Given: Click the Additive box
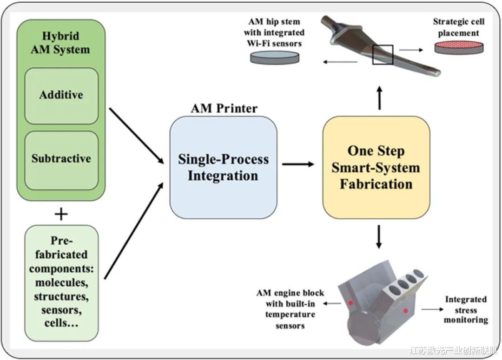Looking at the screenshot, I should coord(61,95).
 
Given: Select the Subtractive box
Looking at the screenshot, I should coord(61,159).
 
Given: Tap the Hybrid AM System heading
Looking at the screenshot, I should coord(60,43).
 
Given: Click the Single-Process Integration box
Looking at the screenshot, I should coord(223,167).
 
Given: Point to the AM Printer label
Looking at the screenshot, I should coord(224,108).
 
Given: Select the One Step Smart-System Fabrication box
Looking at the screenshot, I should coord(376,167).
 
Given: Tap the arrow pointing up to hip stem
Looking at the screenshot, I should coord(380,98).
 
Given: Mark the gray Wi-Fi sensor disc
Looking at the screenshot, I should coord(275,57).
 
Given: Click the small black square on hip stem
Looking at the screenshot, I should coord(383,55).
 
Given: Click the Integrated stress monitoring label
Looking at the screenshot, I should coord(465,310).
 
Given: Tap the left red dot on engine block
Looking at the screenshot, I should coord(351,302).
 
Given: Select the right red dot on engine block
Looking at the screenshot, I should coord(406,310).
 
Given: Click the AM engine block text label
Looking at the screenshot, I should coord(290,309).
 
